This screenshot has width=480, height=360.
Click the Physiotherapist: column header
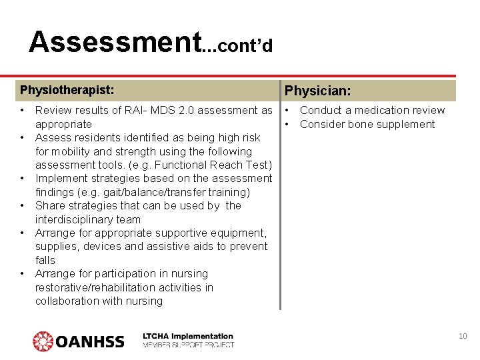(x=67, y=89)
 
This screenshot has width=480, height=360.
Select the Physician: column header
(x=319, y=90)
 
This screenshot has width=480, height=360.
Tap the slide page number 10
(x=463, y=336)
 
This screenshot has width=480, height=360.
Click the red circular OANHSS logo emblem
(x=43, y=341)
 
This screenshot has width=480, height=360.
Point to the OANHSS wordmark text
(x=90, y=342)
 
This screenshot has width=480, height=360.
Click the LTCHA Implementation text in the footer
(x=188, y=336)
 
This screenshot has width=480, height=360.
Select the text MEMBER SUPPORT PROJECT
(x=188, y=345)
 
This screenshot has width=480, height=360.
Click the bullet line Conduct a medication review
(x=372, y=110)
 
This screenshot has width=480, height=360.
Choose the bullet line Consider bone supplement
(x=367, y=124)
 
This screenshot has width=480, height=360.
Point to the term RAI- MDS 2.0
(x=152, y=110)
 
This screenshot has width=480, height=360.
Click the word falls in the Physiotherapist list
(x=45, y=260)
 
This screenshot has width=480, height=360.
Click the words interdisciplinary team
(x=88, y=219)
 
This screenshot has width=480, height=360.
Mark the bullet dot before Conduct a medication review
(x=288, y=110)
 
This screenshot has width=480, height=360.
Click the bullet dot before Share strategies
(x=23, y=205)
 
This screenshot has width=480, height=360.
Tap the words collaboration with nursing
(x=99, y=301)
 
